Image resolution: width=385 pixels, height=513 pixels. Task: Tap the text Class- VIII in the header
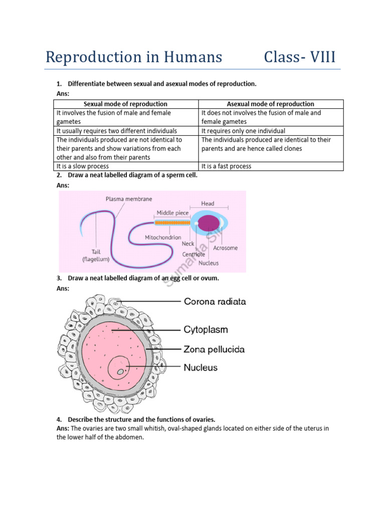tap(300, 57)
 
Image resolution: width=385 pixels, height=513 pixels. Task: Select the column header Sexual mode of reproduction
tap(125, 104)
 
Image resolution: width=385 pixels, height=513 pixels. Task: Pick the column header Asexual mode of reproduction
tap(271, 104)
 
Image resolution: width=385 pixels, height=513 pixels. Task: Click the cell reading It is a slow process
tap(83, 166)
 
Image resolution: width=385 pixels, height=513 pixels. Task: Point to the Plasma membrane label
tap(129, 199)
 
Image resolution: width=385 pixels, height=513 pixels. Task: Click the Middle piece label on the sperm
tap(172, 213)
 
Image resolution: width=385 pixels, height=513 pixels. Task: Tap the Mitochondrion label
tap(163, 237)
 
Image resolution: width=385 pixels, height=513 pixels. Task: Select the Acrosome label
tap(226, 248)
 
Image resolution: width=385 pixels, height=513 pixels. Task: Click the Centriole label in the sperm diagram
tap(194, 254)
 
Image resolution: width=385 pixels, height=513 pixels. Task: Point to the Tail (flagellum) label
tap(96, 255)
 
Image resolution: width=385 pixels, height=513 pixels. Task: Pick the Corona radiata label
tap(215, 302)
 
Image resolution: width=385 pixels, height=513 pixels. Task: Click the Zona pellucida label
tap(215, 349)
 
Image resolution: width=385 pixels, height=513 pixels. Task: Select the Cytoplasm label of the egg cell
tap(206, 330)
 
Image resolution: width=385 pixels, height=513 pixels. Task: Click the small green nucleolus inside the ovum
tap(120, 371)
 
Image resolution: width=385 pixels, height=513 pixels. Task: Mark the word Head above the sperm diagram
tap(208, 203)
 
